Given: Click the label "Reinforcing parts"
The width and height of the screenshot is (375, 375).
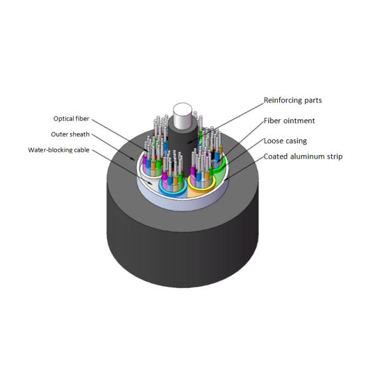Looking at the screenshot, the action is (x=292, y=101).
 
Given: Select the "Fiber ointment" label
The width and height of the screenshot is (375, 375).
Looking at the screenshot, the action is (x=289, y=121).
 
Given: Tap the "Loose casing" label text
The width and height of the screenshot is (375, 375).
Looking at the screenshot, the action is (x=285, y=141).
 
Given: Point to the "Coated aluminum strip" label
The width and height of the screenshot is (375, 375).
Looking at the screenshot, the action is (x=303, y=157).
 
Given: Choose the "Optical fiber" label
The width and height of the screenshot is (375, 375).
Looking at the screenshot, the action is (x=71, y=119).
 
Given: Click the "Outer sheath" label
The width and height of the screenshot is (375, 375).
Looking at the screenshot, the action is (x=70, y=134).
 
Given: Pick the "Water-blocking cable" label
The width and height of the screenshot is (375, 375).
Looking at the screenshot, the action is (x=59, y=150).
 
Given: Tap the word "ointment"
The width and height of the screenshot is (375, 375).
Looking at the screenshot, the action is (x=299, y=121).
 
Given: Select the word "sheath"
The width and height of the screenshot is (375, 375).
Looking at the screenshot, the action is (x=79, y=134).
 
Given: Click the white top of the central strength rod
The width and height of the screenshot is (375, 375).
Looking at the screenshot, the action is (x=183, y=112).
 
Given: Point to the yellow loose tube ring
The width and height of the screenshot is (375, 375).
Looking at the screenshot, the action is (x=189, y=181).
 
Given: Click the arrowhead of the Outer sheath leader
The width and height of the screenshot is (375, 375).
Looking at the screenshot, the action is (x=132, y=159).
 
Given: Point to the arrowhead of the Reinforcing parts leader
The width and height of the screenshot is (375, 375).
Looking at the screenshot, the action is (x=189, y=143).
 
